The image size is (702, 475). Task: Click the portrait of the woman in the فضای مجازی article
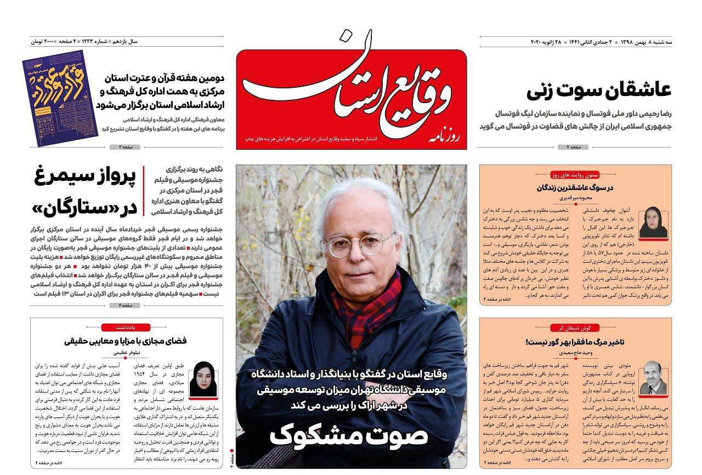[202, 378]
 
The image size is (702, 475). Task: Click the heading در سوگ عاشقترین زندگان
[575, 187]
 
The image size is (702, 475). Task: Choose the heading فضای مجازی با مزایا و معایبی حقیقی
[126, 341]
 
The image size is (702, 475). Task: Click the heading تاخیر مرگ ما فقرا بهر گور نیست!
[575, 342]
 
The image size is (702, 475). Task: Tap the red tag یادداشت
[126, 327]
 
